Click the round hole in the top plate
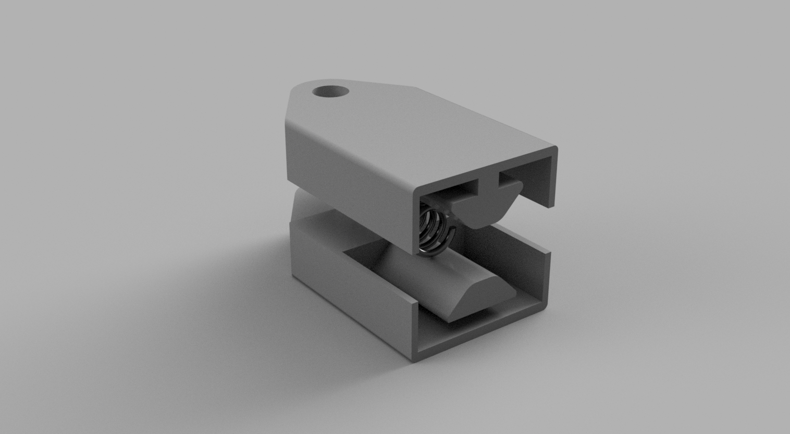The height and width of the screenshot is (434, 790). pos(331,91)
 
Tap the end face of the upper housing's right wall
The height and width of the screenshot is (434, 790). pos(553,180)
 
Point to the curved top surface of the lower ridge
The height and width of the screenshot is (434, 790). pos(417,281)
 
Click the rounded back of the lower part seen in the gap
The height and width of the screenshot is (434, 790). pos(302,208)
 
